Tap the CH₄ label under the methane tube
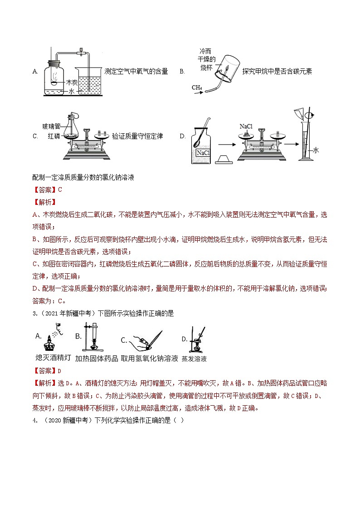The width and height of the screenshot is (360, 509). tap(197, 87)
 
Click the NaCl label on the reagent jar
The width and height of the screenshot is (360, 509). tap(203, 153)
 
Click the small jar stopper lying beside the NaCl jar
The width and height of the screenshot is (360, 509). tap(223, 159)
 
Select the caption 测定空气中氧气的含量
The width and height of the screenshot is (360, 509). tap(136, 71)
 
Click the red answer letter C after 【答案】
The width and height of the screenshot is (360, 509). tap(59, 190)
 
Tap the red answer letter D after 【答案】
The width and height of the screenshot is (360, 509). tap(59, 370)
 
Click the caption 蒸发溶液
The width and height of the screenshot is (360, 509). tap(194, 359)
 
